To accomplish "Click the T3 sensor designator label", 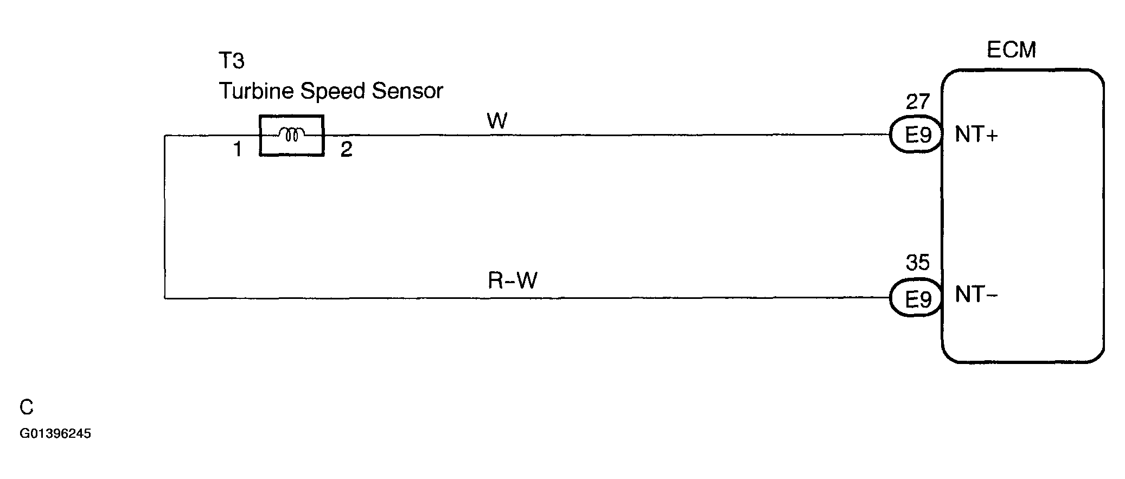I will (x=232, y=61).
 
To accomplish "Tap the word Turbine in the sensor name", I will (x=257, y=91).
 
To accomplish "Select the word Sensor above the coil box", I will (x=407, y=91).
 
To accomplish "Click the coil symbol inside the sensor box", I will (x=292, y=134).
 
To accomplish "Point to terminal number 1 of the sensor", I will (x=237, y=149).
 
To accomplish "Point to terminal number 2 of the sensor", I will (x=347, y=149).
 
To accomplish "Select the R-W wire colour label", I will (x=513, y=281).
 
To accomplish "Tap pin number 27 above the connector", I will (x=918, y=102).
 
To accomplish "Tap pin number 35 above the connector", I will (x=918, y=263).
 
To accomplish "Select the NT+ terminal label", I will (x=976, y=135).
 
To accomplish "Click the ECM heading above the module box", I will (x=1011, y=50).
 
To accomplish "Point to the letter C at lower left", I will (x=27, y=407).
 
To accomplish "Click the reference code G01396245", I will (x=55, y=434).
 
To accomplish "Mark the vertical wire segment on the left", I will (x=164, y=217).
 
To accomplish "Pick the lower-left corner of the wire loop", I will (x=164, y=298).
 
